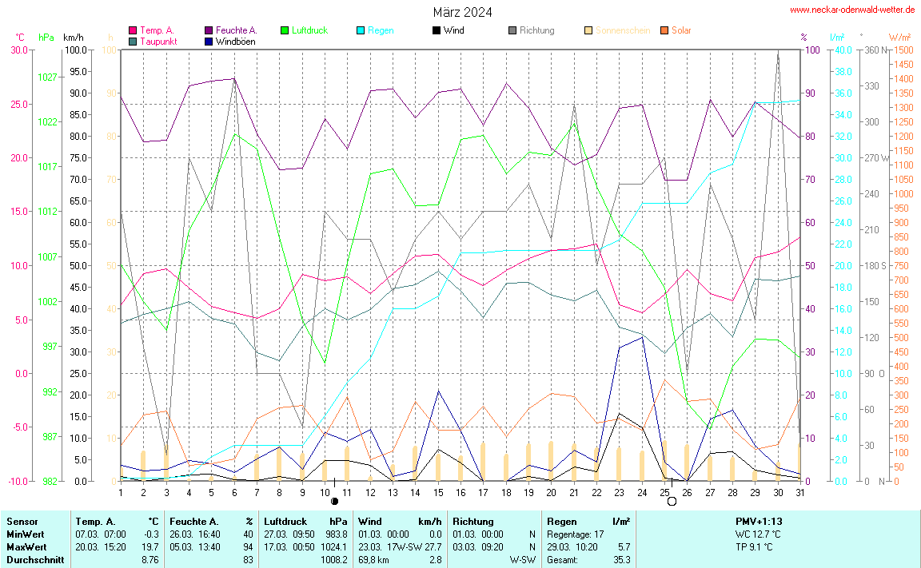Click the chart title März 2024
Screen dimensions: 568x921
click(x=462, y=12)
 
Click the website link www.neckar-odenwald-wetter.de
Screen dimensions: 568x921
click(x=852, y=10)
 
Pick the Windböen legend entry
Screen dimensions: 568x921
click(x=235, y=41)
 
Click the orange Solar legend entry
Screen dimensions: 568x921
click(x=680, y=30)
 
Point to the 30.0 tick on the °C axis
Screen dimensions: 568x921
click(x=18, y=50)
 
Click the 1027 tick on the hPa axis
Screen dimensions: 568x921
click(x=47, y=77)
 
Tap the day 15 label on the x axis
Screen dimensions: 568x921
click(x=438, y=491)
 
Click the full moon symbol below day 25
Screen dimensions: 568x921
click(x=672, y=501)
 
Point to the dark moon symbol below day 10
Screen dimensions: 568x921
click(x=334, y=502)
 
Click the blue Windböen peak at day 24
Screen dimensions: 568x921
click(x=642, y=337)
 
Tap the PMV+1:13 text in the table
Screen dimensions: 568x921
click(x=759, y=521)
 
